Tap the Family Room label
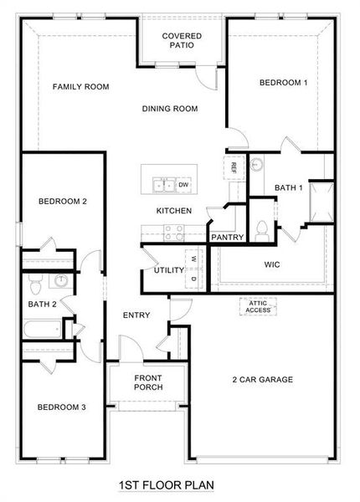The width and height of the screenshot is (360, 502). pyautogui.click(x=81, y=87)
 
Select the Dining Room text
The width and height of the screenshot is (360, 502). pyautogui.click(x=169, y=108)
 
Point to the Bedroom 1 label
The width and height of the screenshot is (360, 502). pyautogui.click(x=283, y=82)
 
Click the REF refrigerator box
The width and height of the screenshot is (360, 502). pyautogui.click(x=234, y=166)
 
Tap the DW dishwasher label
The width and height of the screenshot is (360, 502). pyautogui.click(x=183, y=184)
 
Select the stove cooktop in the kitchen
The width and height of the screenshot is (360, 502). pyautogui.click(x=173, y=232)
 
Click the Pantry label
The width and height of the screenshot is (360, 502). pyautogui.click(x=227, y=237)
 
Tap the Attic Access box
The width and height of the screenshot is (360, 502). pyautogui.click(x=259, y=308)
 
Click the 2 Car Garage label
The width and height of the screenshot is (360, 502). pyautogui.click(x=262, y=380)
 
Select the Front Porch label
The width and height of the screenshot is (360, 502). pyautogui.click(x=148, y=382)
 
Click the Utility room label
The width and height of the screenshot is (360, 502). pyautogui.click(x=168, y=270)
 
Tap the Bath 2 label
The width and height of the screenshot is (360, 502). pyautogui.click(x=42, y=304)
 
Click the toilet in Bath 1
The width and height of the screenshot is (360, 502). pyautogui.click(x=261, y=227)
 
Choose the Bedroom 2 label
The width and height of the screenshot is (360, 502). pyautogui.click(x=63, y=201)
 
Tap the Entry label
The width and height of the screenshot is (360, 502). pyautogui.click(x=136, y=315)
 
